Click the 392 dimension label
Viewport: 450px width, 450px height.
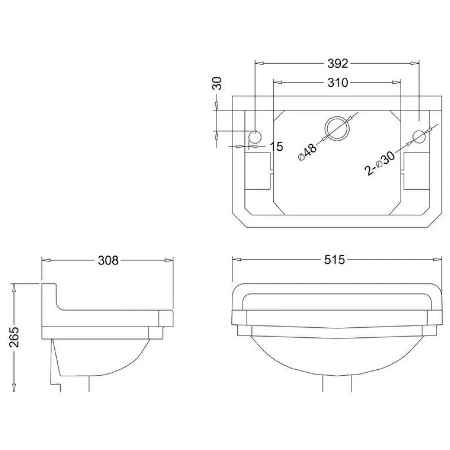[x=338, y=63]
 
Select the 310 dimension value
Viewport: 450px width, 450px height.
[x=338, y=83]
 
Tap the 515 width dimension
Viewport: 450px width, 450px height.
[x=334, y=260]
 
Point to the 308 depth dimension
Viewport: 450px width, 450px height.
[x=108, y=261]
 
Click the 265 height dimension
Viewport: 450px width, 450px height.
[x=14, y=337]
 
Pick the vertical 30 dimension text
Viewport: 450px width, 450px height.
[x=217, y=83]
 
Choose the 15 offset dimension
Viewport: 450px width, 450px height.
[x=276, y=146]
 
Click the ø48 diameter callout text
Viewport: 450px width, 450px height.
[x=307, y=152]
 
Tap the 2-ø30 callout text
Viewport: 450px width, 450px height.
[x=379, y=163]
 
